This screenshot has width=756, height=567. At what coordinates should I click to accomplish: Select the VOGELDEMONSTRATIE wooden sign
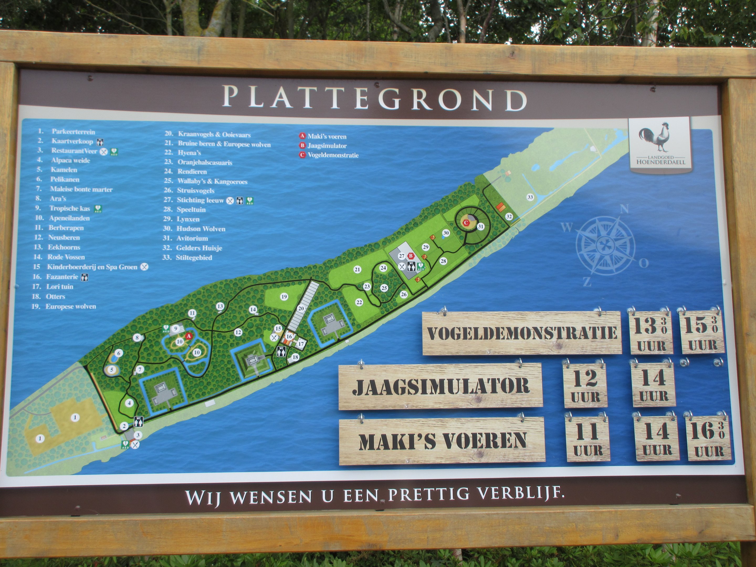coord(522,333)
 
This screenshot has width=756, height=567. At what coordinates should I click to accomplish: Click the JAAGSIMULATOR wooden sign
coord(440,386)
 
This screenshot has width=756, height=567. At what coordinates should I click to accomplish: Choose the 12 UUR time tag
coord(585,385)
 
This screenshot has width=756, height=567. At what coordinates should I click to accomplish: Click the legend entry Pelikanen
coord(65,180)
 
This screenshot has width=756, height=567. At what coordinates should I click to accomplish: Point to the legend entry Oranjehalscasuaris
coord(204,162)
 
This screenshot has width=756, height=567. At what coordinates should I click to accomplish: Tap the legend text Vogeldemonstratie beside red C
coord(333,155)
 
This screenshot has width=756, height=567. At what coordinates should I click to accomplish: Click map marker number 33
coord(530,197)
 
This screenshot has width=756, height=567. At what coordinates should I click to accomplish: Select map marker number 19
coord(284,297)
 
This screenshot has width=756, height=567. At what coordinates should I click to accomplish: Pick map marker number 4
coord(129,403)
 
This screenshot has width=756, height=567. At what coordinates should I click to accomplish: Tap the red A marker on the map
coord(188,336)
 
